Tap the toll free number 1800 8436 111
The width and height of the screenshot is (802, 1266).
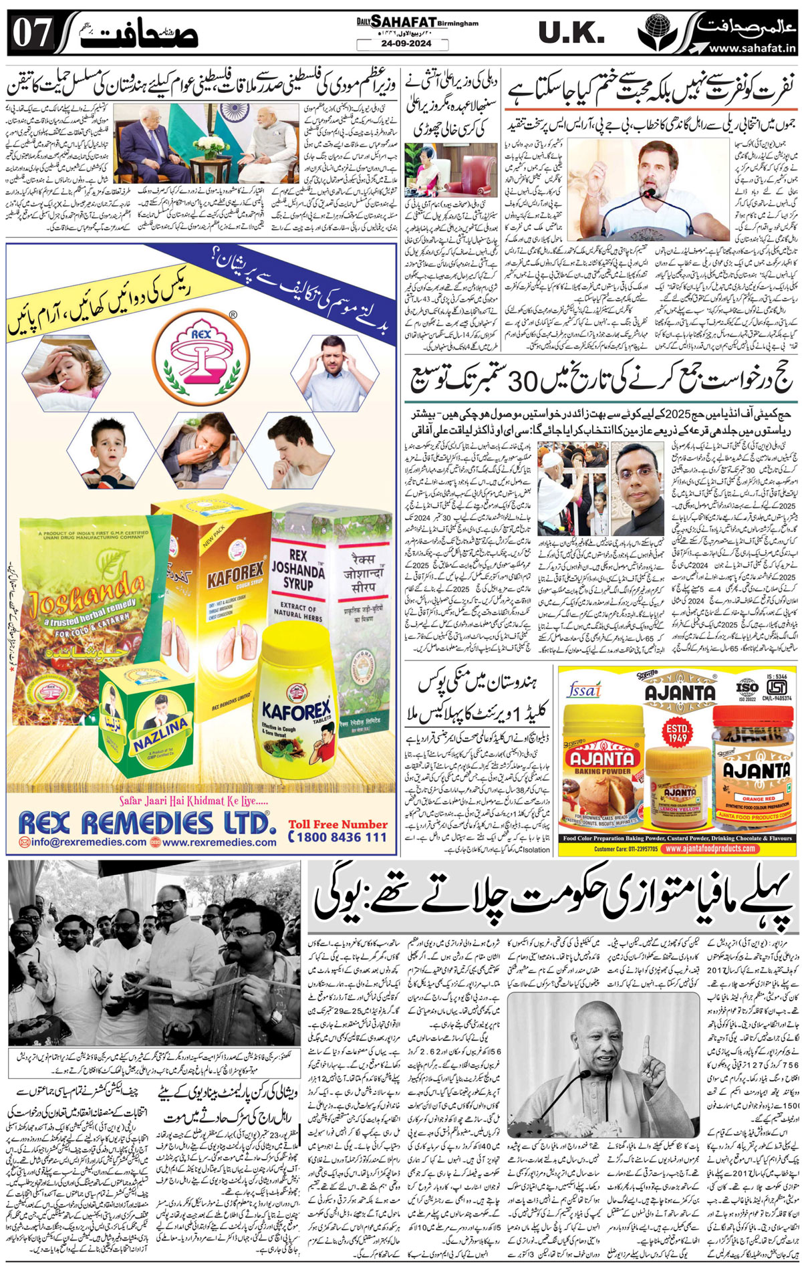tap(338, 836)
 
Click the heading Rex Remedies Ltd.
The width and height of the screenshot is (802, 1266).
tap(144, 821)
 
